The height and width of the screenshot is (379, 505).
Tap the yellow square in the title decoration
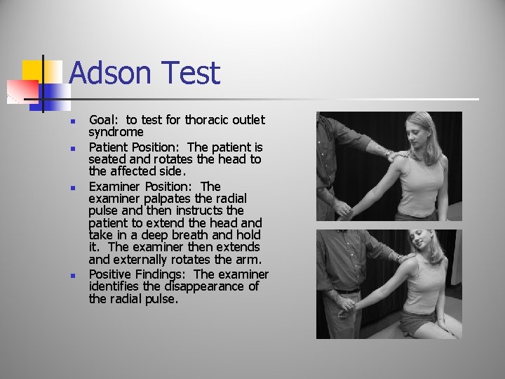(32, 71)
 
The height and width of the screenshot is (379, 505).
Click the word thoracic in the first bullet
(209, 120)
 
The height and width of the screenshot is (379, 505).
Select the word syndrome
(116, 132)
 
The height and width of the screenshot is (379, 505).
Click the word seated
(107, 159)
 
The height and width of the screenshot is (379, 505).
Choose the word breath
(173, 235)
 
